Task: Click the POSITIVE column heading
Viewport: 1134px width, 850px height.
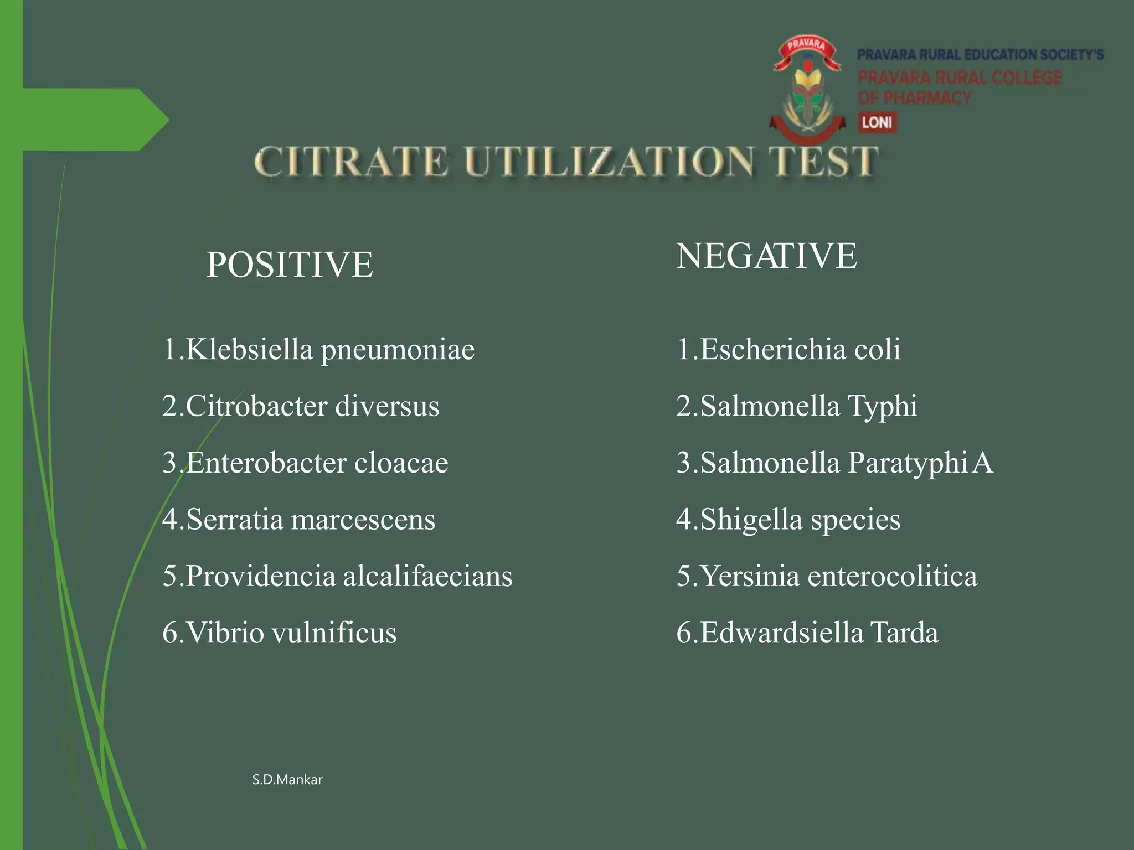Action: pos(290,264)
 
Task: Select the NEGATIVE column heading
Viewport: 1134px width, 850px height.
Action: pos(766,256)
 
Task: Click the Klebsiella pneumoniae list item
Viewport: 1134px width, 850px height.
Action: pos(319,349)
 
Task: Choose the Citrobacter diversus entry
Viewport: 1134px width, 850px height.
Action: pos(301,406)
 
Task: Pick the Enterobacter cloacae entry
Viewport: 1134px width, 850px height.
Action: pos(306,463)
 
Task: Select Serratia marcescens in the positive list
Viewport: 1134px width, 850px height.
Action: pos(299,519)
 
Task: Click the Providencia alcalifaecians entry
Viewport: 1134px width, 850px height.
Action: pos(338,576)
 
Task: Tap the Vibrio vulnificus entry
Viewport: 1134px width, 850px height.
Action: pos(280,633)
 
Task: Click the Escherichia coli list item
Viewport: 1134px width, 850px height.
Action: pos(788,349)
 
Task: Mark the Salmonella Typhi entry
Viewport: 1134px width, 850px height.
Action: pos(797,406)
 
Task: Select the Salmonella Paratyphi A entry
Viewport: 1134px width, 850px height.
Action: pos(835,463)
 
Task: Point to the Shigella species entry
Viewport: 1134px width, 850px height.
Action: pos(788,519)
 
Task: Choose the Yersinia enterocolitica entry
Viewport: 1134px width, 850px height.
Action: pos(827,576)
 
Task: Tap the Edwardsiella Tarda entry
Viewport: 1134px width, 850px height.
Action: pos(807,633)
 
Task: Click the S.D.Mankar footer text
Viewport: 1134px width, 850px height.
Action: pos(287,780)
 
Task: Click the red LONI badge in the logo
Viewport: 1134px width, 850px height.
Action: pos(877,122)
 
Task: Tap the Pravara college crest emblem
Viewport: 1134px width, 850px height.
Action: pos(807,89)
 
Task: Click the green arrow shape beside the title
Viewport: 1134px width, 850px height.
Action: pos(94,120)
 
